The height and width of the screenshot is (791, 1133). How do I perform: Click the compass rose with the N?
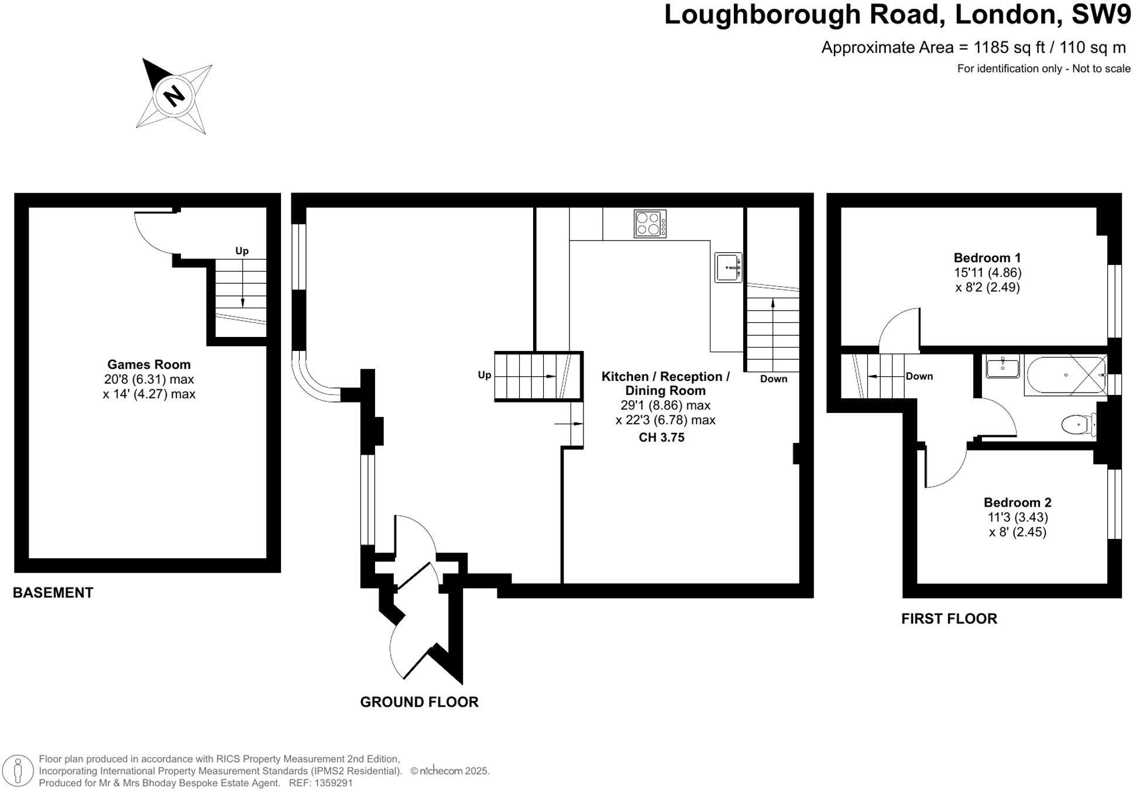[x=174, y=95]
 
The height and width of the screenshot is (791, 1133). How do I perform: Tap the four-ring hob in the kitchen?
[x=650, y=223]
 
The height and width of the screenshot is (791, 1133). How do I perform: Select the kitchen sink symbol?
[x=728, y=267]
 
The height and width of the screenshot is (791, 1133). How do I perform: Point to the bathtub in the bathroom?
[x=1065, y=374]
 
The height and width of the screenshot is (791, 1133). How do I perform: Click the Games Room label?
[x=149, y=364]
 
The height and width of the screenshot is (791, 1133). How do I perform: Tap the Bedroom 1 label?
[x=987, y=258]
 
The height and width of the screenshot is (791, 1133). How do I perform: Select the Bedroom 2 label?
[x=1017, y=503]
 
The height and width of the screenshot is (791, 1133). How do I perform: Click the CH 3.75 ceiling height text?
[x=661, y=438]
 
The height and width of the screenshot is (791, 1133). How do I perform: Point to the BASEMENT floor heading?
[x=53, y=593]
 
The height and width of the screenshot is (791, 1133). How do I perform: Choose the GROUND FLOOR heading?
[x=419, y=702]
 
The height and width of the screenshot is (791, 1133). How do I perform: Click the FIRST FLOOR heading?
[x=949, y=618]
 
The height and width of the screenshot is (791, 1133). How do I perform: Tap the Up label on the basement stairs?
[x=242, y=251]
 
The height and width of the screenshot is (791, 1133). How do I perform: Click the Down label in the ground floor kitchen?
[x=773, y=379]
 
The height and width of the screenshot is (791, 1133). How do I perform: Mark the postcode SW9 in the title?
[x=1101, y=15]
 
